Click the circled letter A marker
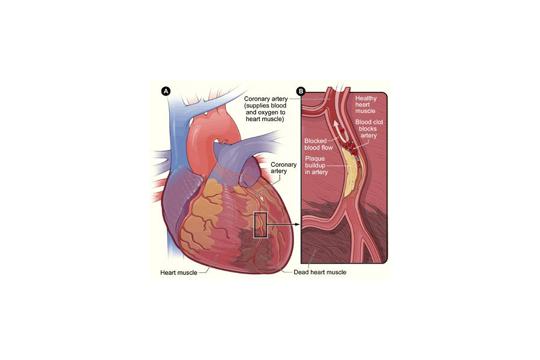click(166, 91)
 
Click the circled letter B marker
click(301, 91)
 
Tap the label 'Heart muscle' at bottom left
click(179, 272)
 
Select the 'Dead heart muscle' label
click(320, 272)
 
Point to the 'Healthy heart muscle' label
click(366, 105)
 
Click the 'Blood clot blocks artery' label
click(369, 129)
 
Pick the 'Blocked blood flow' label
click(319, 145)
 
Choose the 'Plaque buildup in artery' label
click(316, 166)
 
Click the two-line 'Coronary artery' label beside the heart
click(283, 168)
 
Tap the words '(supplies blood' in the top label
click(265, 106)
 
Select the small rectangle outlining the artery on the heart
click(260, 225)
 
